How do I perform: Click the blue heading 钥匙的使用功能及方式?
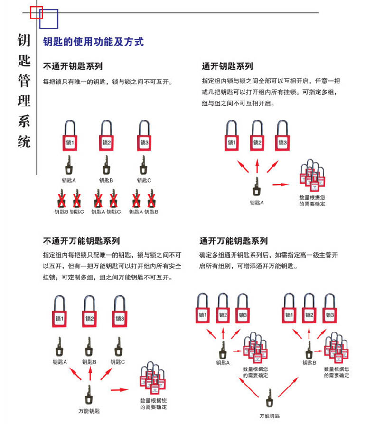tap(93, 42)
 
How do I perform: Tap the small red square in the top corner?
tap(37, 12)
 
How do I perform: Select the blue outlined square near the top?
tap(49, 19)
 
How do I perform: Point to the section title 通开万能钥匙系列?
tap(233, 241)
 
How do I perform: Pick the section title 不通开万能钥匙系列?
tap(81, 241)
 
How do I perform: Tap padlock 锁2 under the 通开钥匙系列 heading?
tap(257, 142)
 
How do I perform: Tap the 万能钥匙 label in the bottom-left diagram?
tap(89, 411)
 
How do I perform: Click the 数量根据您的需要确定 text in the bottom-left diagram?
tap(153, 404)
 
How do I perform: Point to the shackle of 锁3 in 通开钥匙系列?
tap(282, 127)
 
